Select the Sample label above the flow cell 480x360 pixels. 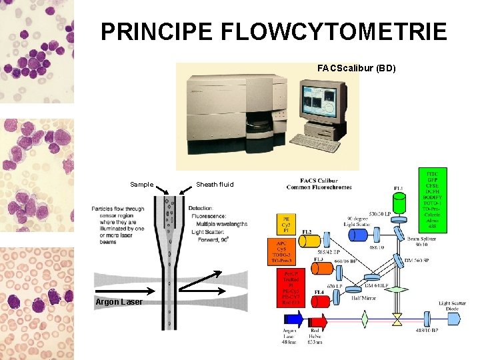141,185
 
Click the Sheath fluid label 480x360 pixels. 215,185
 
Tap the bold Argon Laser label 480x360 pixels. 117,303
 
